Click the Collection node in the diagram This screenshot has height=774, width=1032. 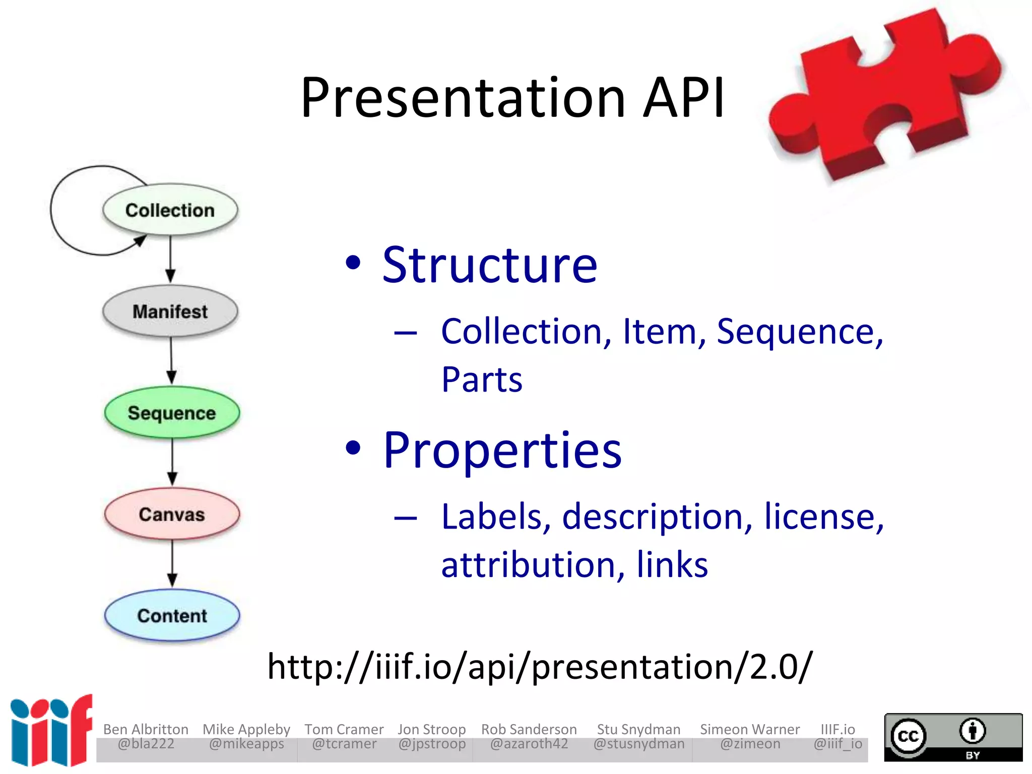(170, 210)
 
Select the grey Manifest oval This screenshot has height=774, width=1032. (170, 311)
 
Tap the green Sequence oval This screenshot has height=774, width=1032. (172, 413)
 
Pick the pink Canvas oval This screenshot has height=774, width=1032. (172, 514)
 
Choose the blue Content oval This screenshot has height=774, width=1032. (172, 616)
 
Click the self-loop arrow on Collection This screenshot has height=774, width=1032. (55, 212)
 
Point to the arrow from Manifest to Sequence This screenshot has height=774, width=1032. (171, 360)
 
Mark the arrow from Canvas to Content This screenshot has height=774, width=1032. (172, 563)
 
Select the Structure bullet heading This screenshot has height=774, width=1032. (489, 265)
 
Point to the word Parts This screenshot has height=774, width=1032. (482, 379)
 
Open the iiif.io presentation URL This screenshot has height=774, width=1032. (540, 667)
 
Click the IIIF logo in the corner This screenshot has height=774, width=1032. (50, 731)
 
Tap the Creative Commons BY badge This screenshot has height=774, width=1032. (953, 737)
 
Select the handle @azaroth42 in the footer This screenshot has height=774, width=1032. (529, 744)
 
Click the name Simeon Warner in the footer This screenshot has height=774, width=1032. (750, 729)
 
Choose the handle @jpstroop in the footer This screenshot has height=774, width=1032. (432, 744)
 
